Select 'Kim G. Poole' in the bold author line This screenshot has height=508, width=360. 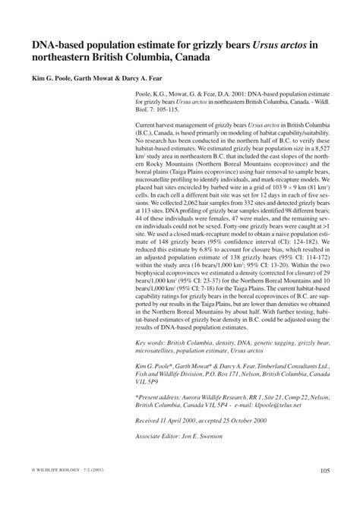click(56, 79)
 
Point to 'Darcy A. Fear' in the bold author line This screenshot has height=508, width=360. click(152, 79)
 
